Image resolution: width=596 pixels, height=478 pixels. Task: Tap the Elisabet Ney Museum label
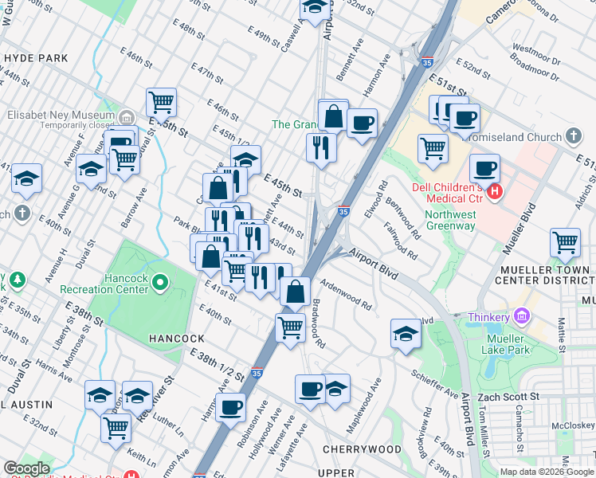(61, 116)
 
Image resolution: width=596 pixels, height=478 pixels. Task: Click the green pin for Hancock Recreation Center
(160, 281)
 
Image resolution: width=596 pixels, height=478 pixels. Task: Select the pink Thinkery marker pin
(522, 316)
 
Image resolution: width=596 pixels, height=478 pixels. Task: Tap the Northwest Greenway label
(450, 220)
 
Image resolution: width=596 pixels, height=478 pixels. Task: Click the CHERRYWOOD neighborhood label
(362, 449)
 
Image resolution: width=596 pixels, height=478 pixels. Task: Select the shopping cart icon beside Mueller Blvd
(565, 241)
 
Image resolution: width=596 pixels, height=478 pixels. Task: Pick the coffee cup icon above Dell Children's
(484, 169)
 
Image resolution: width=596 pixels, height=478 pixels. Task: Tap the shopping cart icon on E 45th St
(161, 101)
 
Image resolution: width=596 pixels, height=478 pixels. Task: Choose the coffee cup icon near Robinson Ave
(230, 407)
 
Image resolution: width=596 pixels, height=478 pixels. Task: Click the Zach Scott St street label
(508, 397)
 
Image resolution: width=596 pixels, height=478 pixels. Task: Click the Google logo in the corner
(26, 468)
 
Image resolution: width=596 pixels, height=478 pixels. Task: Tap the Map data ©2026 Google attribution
(546, 472)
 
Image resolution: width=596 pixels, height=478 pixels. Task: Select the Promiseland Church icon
(573, 135)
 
